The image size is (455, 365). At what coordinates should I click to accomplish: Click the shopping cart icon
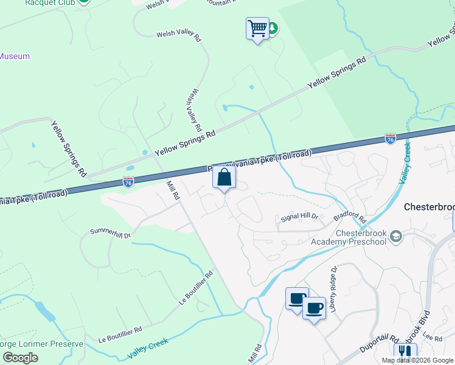[257, 29]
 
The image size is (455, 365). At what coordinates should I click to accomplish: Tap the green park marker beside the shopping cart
[273, 29]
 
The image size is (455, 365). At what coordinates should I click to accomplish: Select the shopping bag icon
[224, 178]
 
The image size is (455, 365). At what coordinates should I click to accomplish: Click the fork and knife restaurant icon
[405, 353]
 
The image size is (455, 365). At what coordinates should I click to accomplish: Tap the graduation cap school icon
[396, 235]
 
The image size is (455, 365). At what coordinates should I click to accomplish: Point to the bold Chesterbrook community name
[429, 207]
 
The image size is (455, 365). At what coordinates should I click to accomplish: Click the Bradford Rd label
[350, 218]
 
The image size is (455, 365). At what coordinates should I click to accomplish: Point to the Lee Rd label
[432, 337]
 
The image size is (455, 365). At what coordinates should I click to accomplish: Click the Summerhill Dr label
[110, 232]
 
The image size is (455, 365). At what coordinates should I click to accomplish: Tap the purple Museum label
[14, 56]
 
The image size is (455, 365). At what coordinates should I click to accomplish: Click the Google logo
[20, 357]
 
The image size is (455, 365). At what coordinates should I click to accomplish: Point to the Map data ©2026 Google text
[417, 360]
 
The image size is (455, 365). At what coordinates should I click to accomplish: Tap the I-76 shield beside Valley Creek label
[391, 139]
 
